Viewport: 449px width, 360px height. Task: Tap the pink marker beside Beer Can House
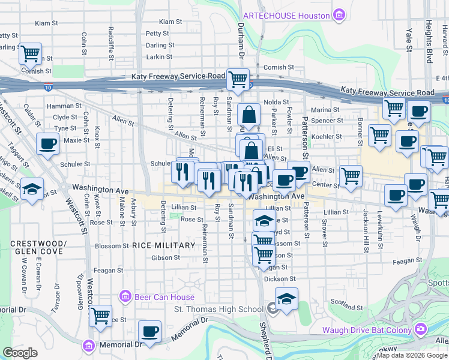(125, 296)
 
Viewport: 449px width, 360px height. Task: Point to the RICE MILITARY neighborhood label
(164, 245)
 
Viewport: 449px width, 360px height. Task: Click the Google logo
(20, 353)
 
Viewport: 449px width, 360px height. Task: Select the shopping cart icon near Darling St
(30, 54)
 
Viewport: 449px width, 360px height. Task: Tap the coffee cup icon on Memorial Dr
(149, 331)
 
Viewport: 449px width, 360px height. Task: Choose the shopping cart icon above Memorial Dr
(101, 314)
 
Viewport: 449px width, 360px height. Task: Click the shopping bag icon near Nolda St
(249, 114)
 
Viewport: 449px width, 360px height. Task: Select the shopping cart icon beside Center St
(351, 176)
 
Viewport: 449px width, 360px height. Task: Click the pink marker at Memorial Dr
(89, 346)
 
